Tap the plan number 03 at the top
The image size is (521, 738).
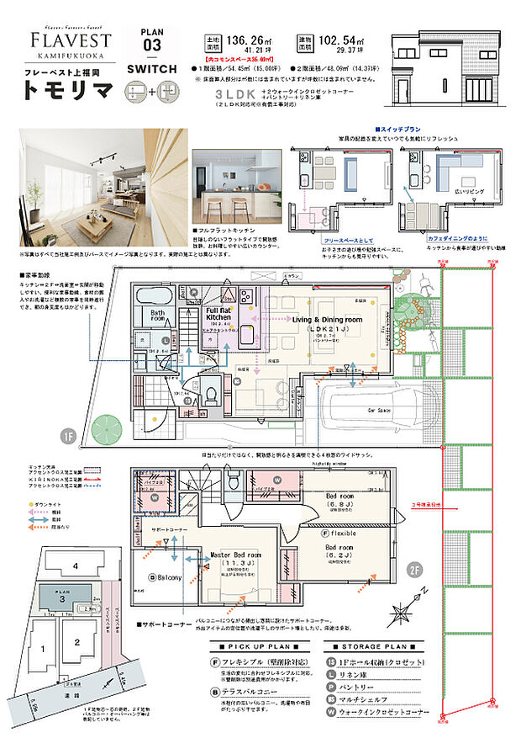(x=152, y=44)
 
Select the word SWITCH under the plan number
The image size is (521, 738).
(x=152, y=68)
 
